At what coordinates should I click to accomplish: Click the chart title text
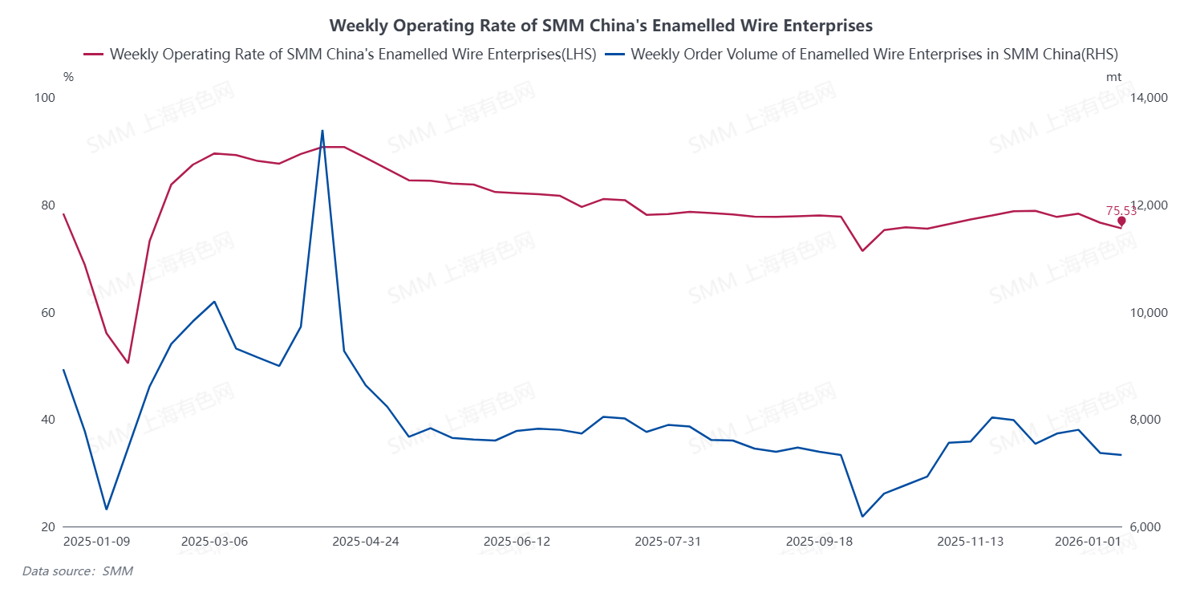click(x=601, y=26)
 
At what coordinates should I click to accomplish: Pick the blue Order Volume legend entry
click(x=862, y=55)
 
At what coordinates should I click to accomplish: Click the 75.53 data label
click(x=1121, y=211)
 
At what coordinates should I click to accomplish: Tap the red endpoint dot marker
click(x=1121, y=221)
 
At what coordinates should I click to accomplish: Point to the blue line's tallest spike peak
click(x=322, y=131)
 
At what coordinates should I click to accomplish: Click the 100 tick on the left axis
click(x=46, y=98)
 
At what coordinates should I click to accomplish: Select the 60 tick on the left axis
click(x=47, y=313)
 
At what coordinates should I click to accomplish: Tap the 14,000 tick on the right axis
click(x=1148, y=98)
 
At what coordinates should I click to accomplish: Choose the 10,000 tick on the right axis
click(x=1148, y=313)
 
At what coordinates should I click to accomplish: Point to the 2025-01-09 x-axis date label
click(x=96, y=542)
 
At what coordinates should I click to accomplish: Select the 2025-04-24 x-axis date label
click(x=366, y=542)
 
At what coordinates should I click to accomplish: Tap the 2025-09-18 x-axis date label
click(x=819, y=542)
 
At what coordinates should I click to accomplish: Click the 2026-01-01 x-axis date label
click(x=1088, y=542)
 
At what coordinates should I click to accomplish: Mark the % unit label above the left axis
click(x=68, y=78)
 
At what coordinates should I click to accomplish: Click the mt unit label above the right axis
click(x=1113, y=78)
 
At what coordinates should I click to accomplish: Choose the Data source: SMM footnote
click(x=77, y=571)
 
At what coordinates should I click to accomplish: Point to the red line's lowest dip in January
click(x=128, y=363)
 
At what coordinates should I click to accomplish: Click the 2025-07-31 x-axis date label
click(x=667, y=542)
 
